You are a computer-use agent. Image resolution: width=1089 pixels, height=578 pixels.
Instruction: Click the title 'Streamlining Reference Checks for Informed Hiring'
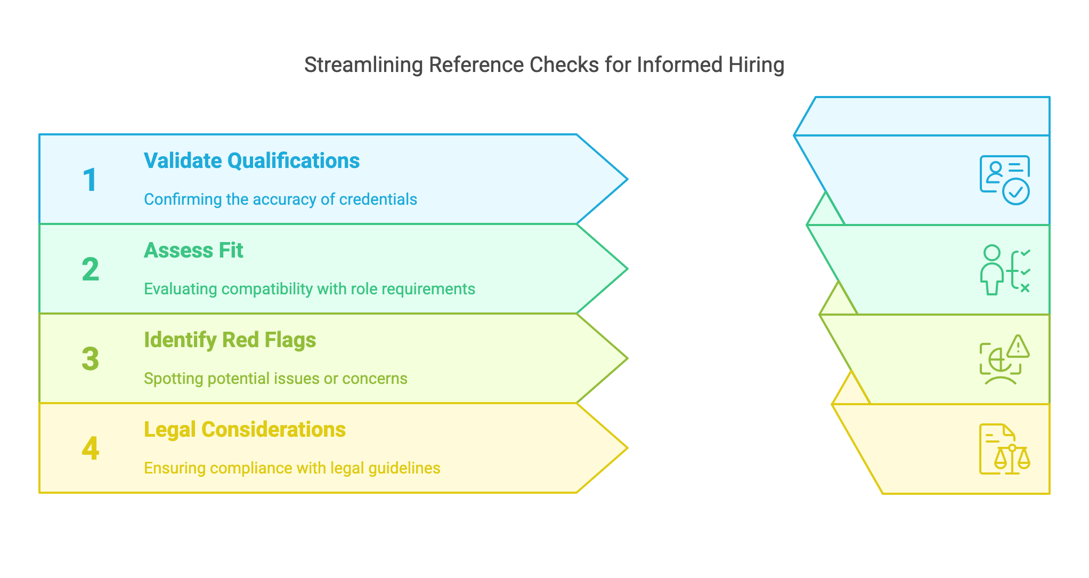coord(544,65)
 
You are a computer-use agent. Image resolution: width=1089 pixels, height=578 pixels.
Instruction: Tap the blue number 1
coord(90,180)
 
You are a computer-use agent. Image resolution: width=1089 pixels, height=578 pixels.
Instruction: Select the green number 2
coord(90,269)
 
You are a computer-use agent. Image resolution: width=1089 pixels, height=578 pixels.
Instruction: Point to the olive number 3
coord(90,359)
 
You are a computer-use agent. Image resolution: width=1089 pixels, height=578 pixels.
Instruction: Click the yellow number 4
coord(90,448)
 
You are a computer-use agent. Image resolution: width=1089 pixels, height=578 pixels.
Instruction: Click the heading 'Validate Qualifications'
coord(251,161)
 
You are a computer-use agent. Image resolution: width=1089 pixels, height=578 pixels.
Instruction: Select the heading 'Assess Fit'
coord(193,251)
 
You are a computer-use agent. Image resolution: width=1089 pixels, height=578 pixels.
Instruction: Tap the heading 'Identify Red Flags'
coord(230,340)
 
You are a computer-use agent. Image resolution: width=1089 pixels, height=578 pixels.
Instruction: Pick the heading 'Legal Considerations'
coord(245,430)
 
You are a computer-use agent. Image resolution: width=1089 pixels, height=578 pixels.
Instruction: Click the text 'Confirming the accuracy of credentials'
coord(280,199)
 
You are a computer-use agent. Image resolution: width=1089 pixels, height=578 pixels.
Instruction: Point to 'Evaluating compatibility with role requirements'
coord(309,289)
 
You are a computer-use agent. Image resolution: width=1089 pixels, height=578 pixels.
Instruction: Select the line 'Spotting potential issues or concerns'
coord(275,379)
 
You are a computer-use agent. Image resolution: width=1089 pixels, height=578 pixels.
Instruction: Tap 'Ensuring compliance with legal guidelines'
coord(292,468)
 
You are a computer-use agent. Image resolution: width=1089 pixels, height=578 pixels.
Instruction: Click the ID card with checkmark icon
coord(1004,180)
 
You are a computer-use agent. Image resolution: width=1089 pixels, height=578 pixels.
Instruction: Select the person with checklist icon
coord(1004,270)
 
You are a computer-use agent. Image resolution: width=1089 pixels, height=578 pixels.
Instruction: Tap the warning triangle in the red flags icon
coord(1018,347)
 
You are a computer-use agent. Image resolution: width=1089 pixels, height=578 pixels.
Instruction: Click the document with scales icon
coord(1004,449)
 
